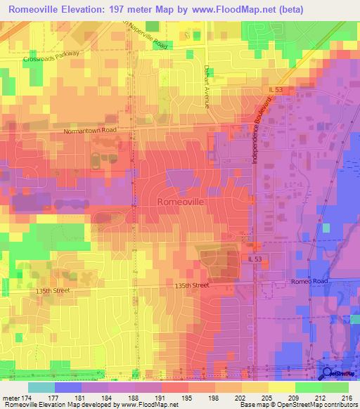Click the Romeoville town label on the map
(x=179, y=201)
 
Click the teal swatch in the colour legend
(x=41, y=387)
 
